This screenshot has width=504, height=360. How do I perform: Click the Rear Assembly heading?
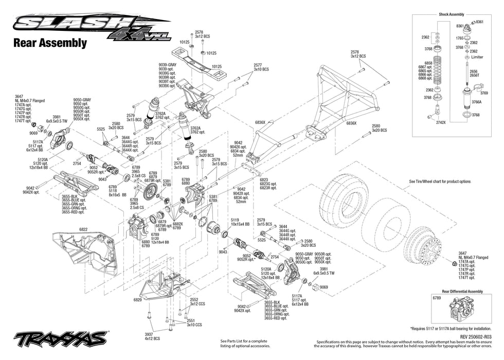click(x=49, y=43)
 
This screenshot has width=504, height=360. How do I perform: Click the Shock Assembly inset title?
click(x=452, y=14)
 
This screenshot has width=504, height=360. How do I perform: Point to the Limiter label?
click(x=477, y=58)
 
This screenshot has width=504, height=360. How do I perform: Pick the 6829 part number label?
click(x=137, y=299)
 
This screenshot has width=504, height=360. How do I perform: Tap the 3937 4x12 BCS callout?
click(x=153, y=336)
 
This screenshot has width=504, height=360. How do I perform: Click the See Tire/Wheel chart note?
click(x=440, y=182)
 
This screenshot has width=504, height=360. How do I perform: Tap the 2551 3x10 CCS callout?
click(x=194, y=322)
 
